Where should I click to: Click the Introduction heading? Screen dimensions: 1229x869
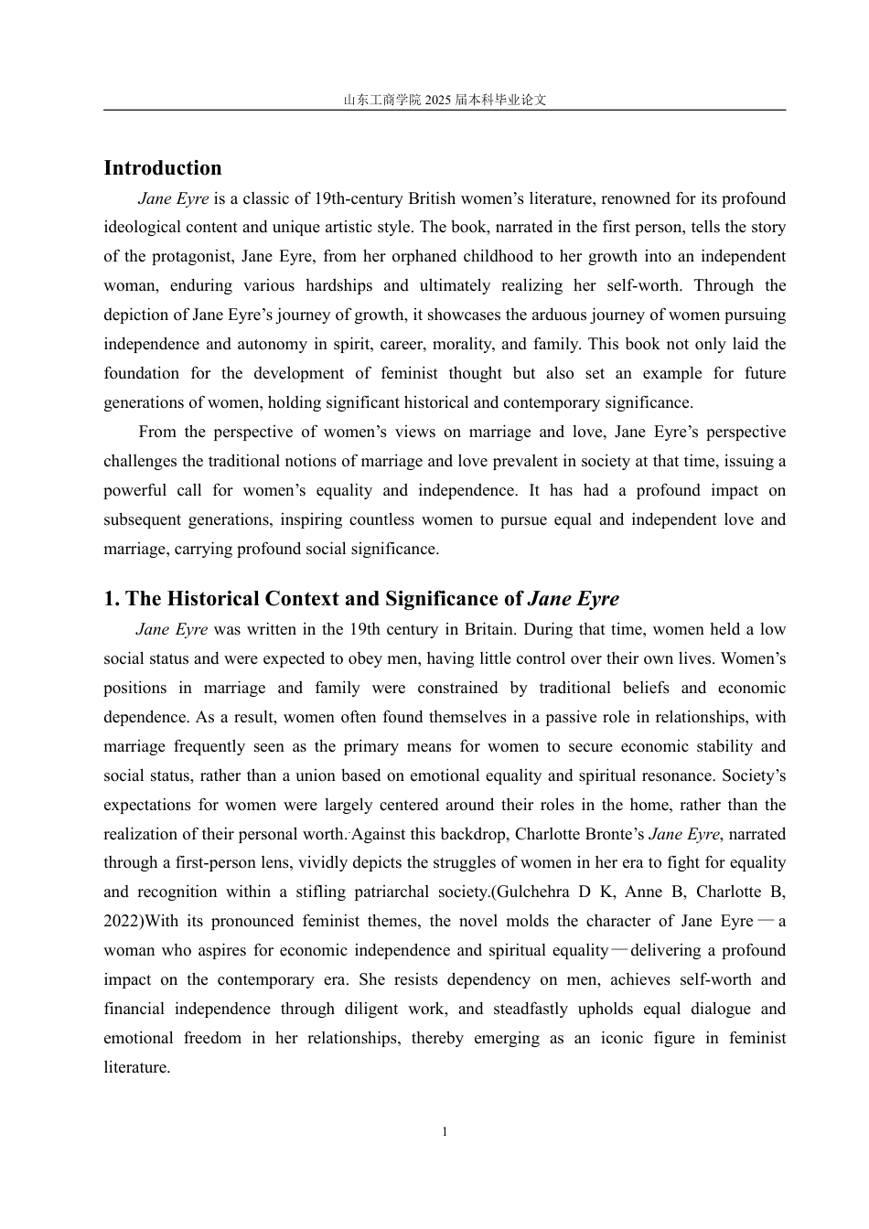pyautogui.click(x=163, y=168)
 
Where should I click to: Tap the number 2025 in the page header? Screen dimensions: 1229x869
pyautogui.click(x=438, y=100)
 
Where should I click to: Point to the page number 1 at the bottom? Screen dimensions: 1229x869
pyautogui.click(x=445, y=1132)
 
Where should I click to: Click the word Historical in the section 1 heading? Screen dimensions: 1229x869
pyautogui.click(x=212, y=599)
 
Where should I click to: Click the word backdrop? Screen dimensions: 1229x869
pyautogui.click(x=477, y=835)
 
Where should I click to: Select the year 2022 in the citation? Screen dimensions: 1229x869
pyautogui.click(x=121, y=922)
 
